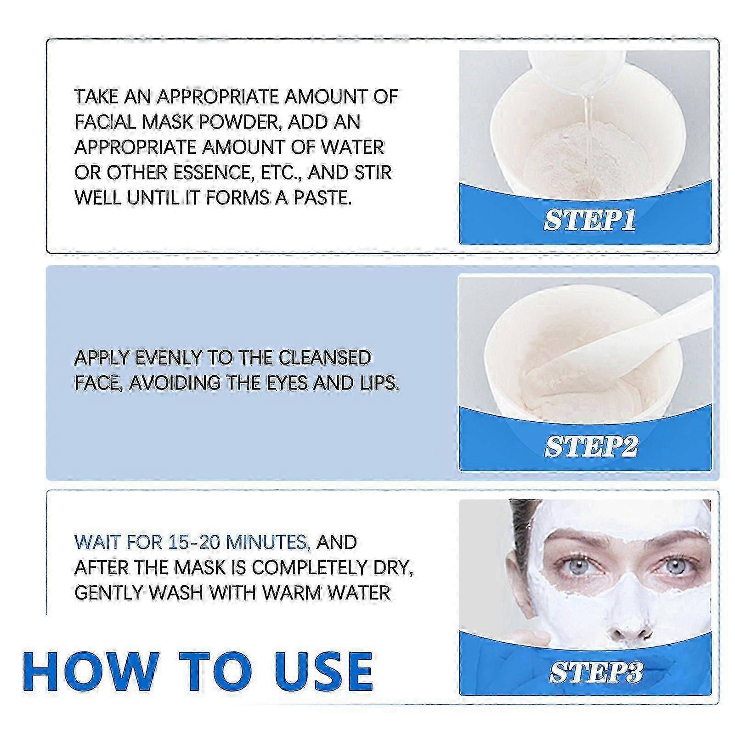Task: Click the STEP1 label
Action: pos(590,221)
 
